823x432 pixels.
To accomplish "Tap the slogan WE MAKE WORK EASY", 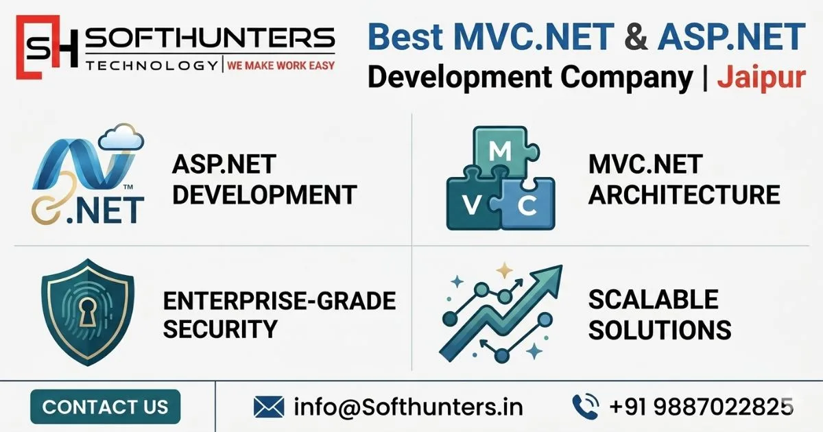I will tap(281, 66).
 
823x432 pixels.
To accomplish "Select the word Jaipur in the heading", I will tap(761, 77).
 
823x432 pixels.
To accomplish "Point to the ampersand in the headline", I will tap(636, 37).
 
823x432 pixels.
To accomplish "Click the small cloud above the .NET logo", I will tap(121, 138).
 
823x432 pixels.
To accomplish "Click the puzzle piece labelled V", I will tap(474, 204).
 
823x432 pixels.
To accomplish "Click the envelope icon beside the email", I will tap(269, 407).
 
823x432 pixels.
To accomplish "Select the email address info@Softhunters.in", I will tap(408, 407).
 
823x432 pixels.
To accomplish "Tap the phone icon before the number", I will tap(585, 407).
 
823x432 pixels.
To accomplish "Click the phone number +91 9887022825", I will tap(700, 407).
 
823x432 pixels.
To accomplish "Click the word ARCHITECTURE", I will tap(684, 195).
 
